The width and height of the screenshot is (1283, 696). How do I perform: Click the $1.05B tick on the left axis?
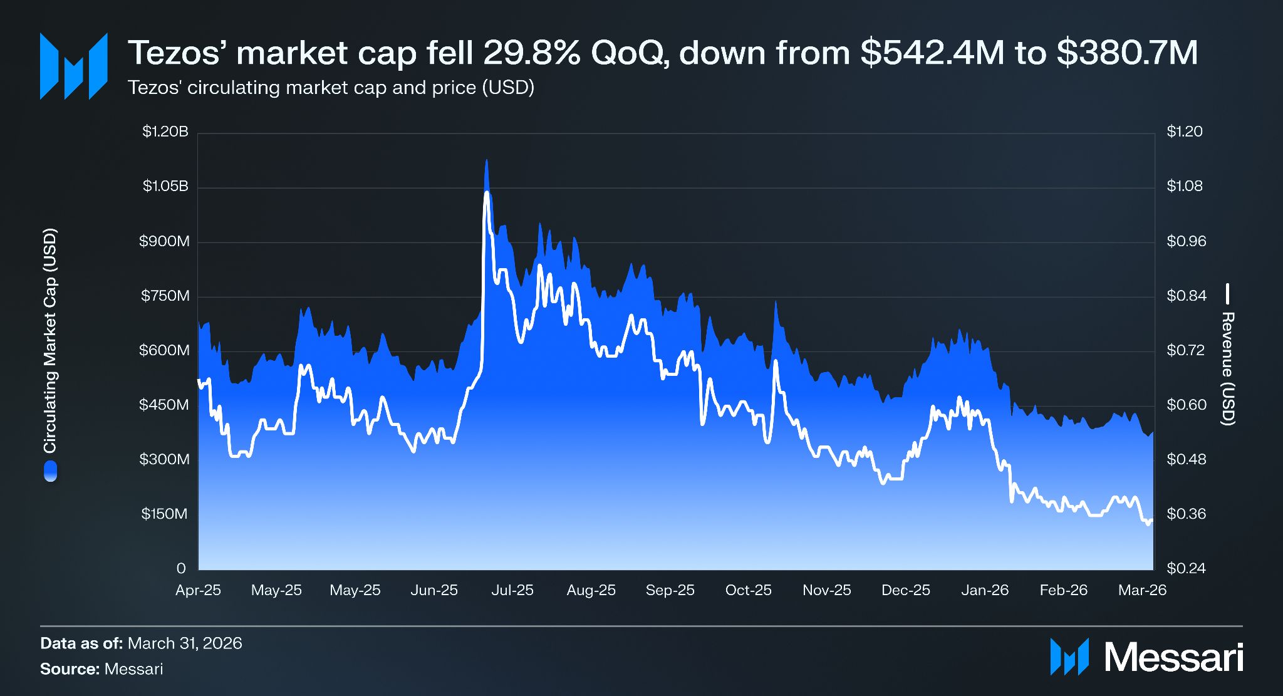[x=165, y=186]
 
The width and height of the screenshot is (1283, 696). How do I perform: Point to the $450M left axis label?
[x=164, y=405]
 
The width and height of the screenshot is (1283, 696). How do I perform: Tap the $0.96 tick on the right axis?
[x=1186, y=241]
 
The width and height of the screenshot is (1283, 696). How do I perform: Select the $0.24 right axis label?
[x=1186, y=568]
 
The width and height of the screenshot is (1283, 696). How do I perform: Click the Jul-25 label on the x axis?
[x=512, y=590]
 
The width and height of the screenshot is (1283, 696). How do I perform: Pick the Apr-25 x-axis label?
[x=198, y=590]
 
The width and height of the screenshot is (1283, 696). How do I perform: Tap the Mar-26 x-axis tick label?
[x=1143, y=590]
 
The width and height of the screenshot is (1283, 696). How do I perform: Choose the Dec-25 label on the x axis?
[x=906, y=590]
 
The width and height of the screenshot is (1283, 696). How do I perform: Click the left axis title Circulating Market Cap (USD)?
[x=50, y=341]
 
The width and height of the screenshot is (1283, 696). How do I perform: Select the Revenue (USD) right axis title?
[x=1228, y=368]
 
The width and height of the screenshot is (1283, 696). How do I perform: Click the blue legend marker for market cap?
[x=50, y=471]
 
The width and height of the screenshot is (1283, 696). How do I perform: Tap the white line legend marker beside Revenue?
[x=1228, y=294]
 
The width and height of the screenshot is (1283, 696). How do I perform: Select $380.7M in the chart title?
[x=1127, y=53]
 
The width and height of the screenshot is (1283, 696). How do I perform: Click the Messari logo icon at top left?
[x=74, y=66]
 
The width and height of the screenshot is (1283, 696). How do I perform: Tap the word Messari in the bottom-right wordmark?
[x=1173, y=657]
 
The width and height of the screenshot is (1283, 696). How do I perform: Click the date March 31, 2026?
[x=185, y=643]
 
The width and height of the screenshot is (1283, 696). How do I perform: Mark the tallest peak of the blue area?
[x=486, y=160]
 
